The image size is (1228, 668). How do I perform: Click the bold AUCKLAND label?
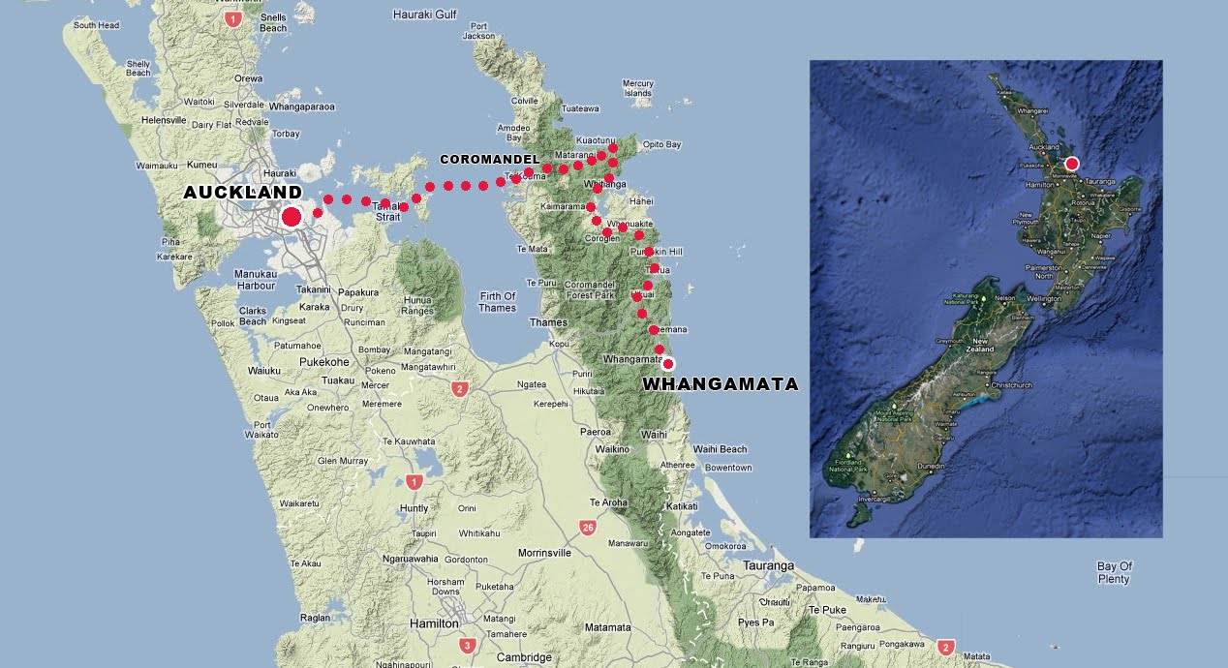(x=243, y=194)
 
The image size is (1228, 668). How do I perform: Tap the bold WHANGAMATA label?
(x=721, y=384)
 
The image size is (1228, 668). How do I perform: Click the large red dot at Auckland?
(x=291, y=217)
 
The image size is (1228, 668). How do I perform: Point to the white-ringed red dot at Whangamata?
(x=667, y=364)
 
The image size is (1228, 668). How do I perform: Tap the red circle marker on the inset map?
(x=1071, y=164)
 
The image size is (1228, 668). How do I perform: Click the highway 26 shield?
(x=588, y=528)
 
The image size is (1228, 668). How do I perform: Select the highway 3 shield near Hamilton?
(x=468, y=646)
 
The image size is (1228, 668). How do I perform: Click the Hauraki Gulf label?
(x=424, y=15)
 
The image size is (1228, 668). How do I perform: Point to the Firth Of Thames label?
(x=497, y=302)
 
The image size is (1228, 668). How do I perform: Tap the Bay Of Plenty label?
(x=1114, y=573)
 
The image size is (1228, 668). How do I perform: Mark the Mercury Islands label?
(x=638, y=88)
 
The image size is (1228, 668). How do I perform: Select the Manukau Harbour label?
(x=256, y=280)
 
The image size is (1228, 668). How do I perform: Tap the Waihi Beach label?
(x=720, y=449)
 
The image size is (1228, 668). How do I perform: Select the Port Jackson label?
(x=478, y=31)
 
